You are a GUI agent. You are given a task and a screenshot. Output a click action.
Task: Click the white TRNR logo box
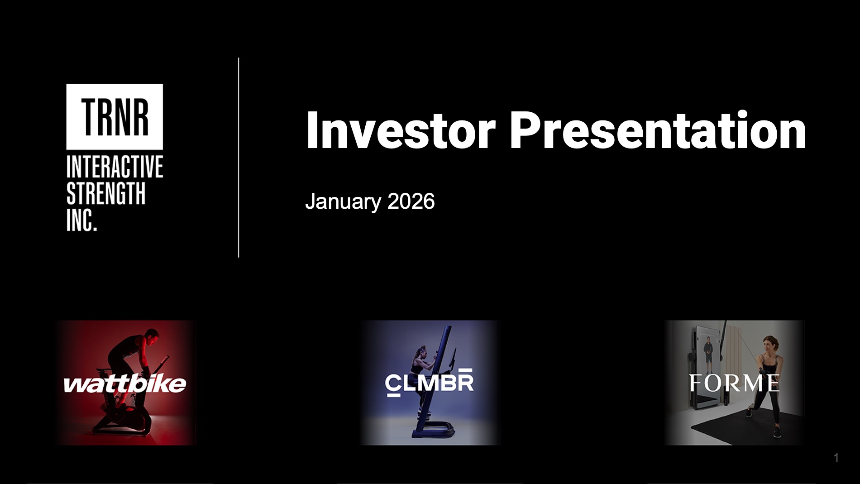click(x=115, y=117)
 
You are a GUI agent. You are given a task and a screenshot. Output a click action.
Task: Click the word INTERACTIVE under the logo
click(x=115, y=167)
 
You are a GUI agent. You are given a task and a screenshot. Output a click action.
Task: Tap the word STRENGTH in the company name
click(x=106, y=193)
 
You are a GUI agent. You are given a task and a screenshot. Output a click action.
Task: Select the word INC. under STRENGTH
click(x=82, y=220)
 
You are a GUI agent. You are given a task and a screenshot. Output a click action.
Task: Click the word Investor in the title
click(x=401, y=130)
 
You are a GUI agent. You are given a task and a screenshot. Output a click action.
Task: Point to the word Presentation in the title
click(x=658, y=130)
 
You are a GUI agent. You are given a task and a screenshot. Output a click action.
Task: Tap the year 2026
click(x=411, y=201)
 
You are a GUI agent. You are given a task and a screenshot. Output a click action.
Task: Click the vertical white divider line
click(x=239, y=158)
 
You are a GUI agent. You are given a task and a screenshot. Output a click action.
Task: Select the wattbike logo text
click(x=125, y=384)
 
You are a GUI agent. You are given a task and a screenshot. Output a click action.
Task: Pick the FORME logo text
click(x=734, y=383)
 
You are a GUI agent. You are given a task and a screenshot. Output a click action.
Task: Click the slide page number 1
click(x=836, y=458)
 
